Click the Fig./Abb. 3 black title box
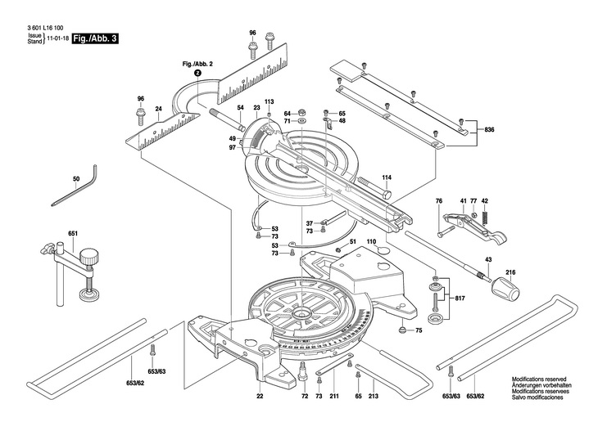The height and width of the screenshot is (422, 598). click(95, 38)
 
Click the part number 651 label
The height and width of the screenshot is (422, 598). click(73, 235)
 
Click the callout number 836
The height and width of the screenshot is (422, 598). click(490, 131)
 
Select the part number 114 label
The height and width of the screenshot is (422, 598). click(386, 177)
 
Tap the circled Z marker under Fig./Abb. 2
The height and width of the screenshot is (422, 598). click(197, 73)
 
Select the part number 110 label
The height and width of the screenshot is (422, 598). click(371, 243)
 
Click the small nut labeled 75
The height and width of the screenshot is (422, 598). click(402, 330)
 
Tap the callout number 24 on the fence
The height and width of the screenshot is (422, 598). click(159, 109)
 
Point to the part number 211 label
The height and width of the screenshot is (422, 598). click(334, 397)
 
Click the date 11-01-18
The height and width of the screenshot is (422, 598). click(56, 38)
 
